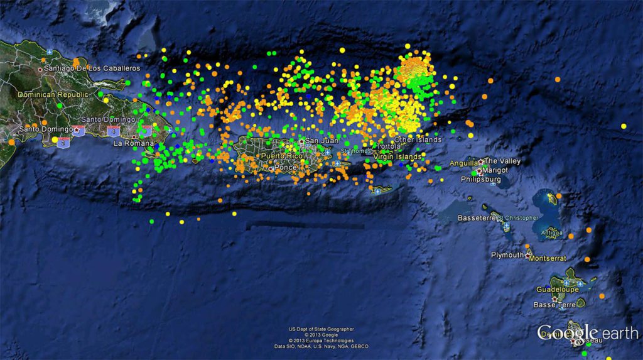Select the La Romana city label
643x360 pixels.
[x=133, y=143]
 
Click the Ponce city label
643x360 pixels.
[x=285, y=168]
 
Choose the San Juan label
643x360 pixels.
[x=321, y=141]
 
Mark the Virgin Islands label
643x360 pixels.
[x=397, y=156]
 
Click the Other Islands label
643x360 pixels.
[x=418, y=139]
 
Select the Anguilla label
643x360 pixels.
[x=463, y=163]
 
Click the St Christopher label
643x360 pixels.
[x=517, y=218]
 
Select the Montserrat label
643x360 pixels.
[x=548, y=258]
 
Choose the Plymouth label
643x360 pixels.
[x=507, y=255]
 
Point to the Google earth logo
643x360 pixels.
[x=587, y=332]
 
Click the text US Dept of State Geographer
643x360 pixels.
[x=321, y=329]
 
